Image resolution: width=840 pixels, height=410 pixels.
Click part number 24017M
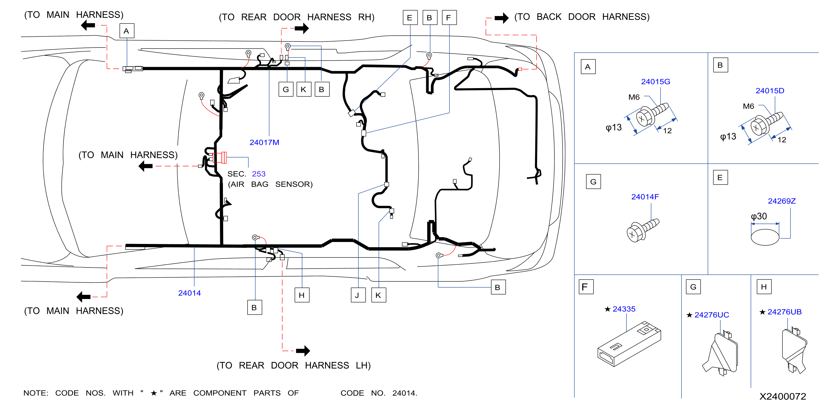pyautogui.click(x=264, y=142)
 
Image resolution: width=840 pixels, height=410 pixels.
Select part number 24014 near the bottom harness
pyautogui.click(x=189, y=293)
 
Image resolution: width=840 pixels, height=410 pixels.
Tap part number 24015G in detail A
pyautogui.click(x=656, y=82)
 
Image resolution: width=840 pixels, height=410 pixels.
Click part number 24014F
pyautogui.click(x=645, y=197)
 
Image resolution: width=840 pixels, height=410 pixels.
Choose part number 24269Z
pyautogui.click(x=781, y=201)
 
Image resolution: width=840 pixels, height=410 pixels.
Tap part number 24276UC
pyautogui.click(x=711, y=315)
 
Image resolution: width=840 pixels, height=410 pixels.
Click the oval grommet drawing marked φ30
pyautogui.click(x=765, y=237)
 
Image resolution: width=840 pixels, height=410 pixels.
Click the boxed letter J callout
pyautogui.click(x=358, y=295)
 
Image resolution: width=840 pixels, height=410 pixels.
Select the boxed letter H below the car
pyautogui.click(x=302, y=295)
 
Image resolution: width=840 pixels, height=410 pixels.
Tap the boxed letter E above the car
pyautogui.click(x=410, y=18)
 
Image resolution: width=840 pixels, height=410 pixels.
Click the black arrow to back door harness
pyautogui.click(x=501, y=18)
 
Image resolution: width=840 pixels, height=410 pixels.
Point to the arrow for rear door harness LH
pyautogui.click(x=303, y=351)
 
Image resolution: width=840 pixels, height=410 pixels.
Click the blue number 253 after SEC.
pyautogui.click(x=259, y=174)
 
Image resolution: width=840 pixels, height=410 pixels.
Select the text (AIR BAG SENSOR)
pyautogui.click(x=270, y=184)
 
